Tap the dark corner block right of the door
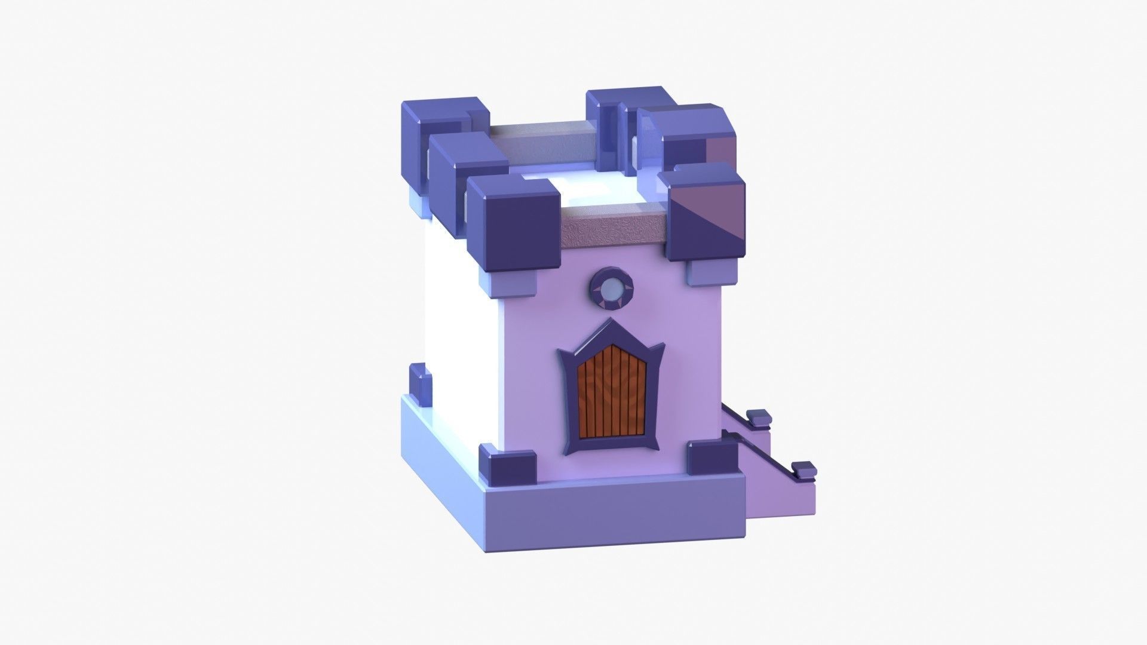pyautogui.click(x=712, y=459)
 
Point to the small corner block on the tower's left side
pyautogui.click(x=419, y=380)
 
